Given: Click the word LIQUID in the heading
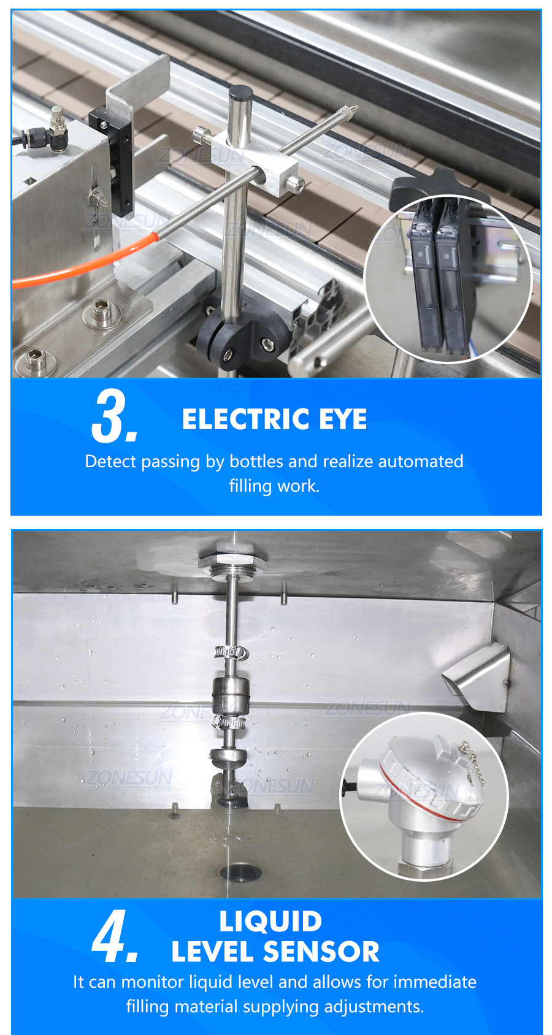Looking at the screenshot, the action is coord(270,921).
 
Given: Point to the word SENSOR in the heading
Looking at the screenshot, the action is coord(321,952).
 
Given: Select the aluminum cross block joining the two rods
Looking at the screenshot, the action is coord(256,164).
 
